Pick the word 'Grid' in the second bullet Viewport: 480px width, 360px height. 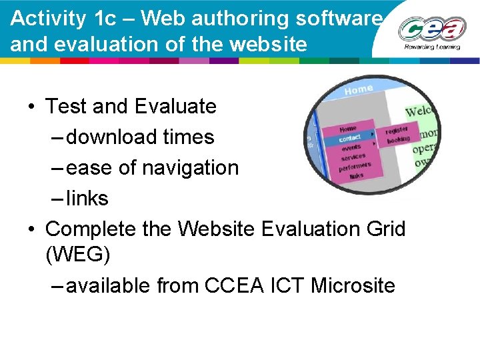pos(382,229)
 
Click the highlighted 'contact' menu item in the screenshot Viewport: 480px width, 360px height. pos(351,139)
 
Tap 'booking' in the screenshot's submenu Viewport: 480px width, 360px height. pos(399,140)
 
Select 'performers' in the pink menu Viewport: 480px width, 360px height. pos(355,167)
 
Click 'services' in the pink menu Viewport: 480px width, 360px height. pos(353,157)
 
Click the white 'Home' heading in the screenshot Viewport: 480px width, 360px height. pos(359,90)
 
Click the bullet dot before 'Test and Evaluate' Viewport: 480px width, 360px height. pos(31,107)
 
